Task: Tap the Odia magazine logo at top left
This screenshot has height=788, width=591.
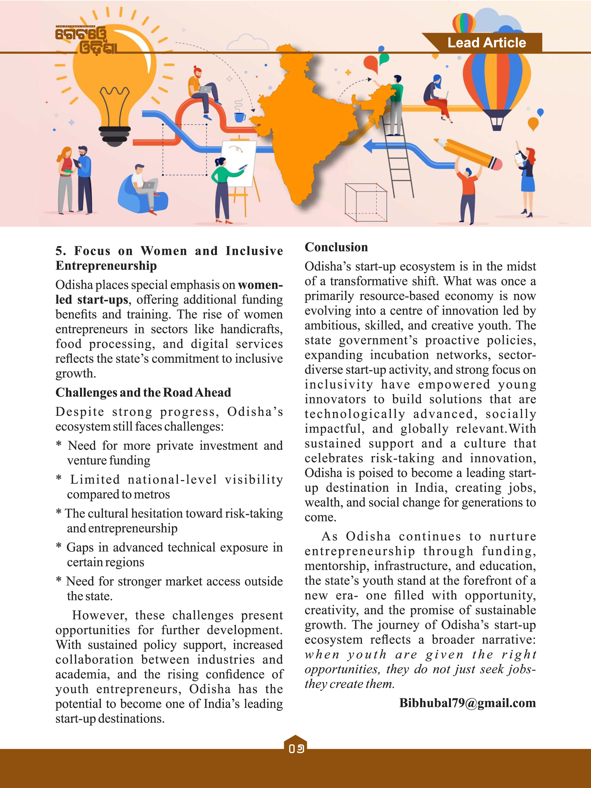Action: point(86,40)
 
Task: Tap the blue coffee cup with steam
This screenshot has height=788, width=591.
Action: point(240,116)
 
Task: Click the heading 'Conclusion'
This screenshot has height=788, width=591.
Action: point(336,247)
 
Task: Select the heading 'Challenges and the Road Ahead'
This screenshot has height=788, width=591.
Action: point(143,392)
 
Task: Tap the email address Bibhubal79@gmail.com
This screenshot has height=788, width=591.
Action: point(467,703)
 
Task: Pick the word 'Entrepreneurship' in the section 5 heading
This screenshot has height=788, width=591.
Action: point(106,266)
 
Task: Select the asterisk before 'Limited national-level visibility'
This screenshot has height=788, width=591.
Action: point(59,478)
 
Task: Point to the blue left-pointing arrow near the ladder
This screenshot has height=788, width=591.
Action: point(371,146)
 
